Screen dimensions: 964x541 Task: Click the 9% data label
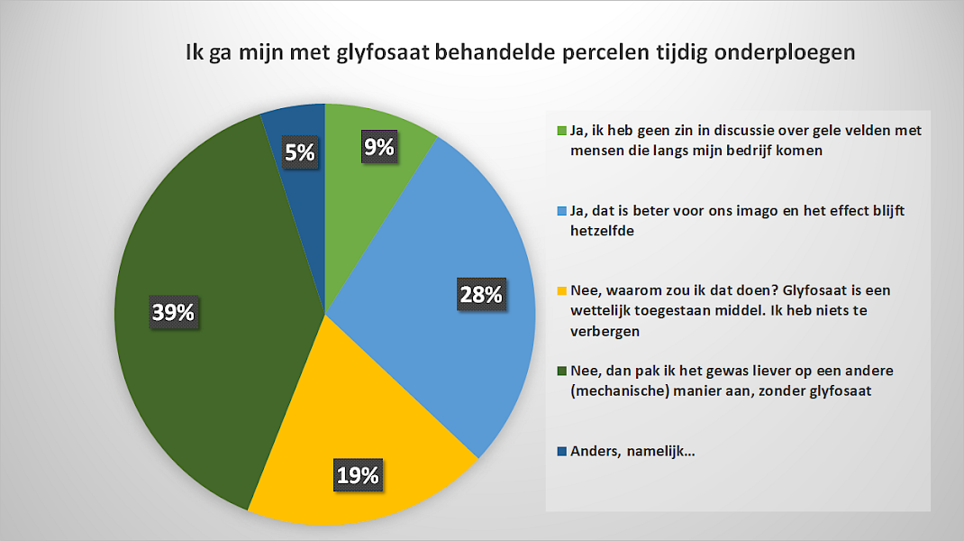(378, 147)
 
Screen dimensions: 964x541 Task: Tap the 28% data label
(481, 294)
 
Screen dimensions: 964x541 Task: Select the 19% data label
(358, 474)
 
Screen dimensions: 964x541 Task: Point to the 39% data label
(173, 312)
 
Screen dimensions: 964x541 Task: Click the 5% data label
(299, 151)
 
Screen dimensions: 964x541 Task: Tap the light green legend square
(561, 131)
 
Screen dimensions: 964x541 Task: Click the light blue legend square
(561, 211)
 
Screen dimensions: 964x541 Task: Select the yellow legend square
(561, 290)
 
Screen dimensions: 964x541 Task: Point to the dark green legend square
(561, 371)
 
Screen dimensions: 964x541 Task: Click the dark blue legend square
(561, 451)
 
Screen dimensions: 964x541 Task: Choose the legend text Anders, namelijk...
(632, 451)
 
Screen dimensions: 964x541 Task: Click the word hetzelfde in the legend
(602, 231)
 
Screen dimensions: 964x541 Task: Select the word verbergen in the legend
(605, 332)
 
